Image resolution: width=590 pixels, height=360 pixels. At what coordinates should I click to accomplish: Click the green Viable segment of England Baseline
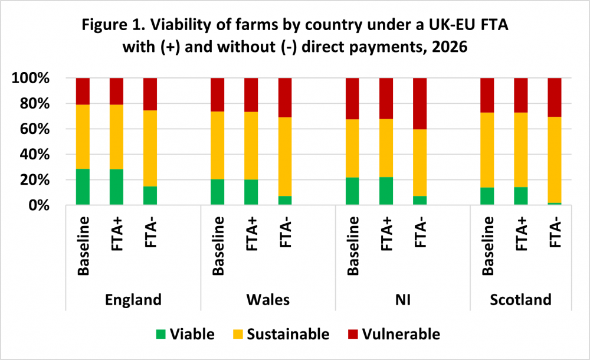83,187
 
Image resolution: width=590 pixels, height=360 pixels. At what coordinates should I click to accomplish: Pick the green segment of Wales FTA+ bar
251,192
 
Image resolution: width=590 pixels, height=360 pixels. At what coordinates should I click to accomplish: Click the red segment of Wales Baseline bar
218,94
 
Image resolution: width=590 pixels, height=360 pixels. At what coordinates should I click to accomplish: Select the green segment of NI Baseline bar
353,191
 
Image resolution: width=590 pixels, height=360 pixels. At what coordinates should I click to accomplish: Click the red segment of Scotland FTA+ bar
521,95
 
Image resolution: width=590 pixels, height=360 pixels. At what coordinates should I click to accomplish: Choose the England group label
133,300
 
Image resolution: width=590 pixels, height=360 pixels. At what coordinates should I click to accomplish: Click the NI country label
402,300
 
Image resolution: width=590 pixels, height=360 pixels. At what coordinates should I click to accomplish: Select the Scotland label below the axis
521,300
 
